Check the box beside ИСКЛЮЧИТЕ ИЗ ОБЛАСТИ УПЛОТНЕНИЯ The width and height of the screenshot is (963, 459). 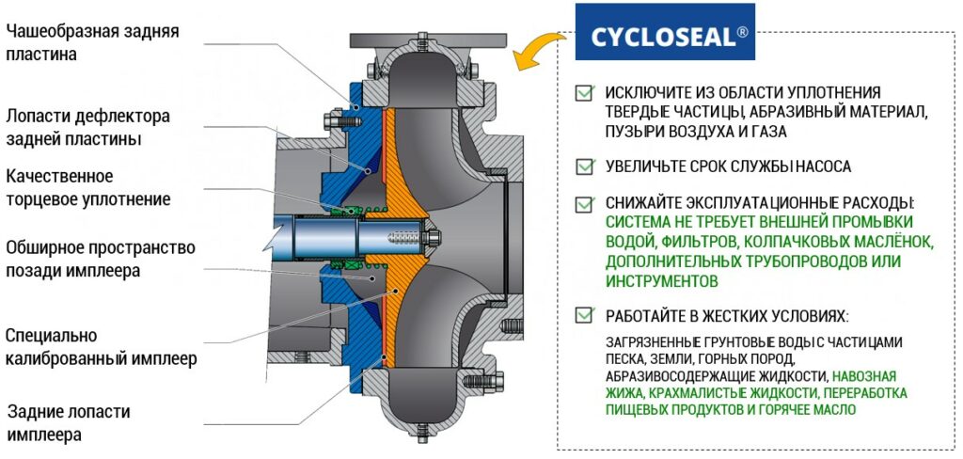(585, 93)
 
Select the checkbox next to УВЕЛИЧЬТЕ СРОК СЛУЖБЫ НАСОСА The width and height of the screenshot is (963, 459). (585, 166)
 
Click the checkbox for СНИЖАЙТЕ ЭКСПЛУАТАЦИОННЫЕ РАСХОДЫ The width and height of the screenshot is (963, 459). (585, 202)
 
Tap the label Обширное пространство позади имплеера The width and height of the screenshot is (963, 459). (100, 260)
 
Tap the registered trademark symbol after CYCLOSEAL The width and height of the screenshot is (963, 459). (743, 32)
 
